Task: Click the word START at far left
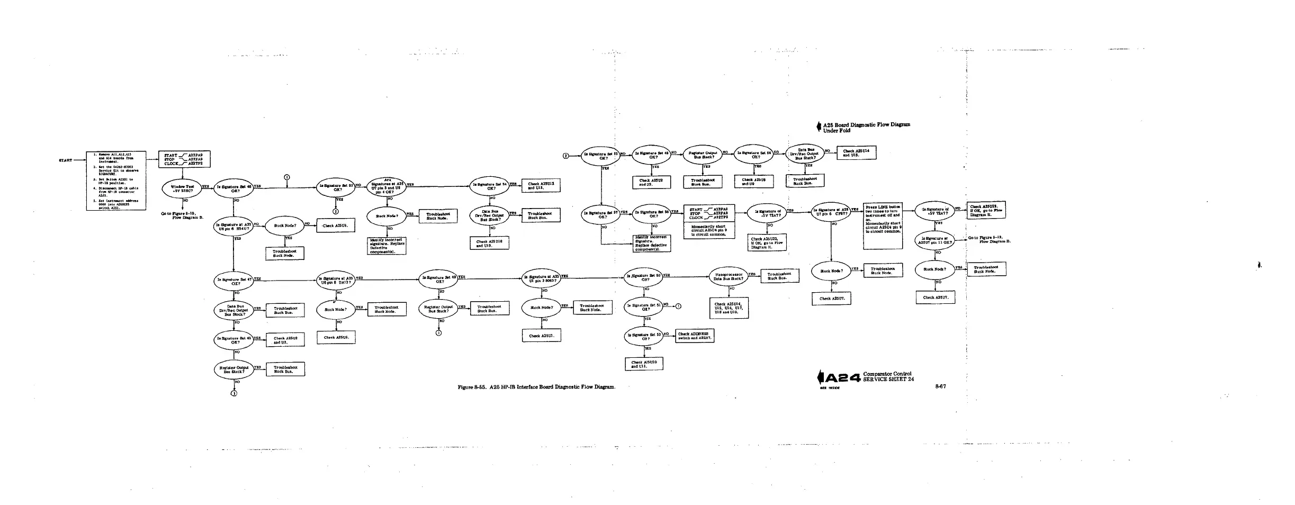pyautogui.click(x=65, y=160)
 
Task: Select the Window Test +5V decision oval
pyautogui.click(x=182, y=189)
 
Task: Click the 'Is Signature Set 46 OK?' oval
pyautogui.click(x=233, y=189)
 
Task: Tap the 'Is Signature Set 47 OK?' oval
pyautogui.click(x=233, y=281)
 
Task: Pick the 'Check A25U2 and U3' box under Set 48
pyautogui.click(x=651, y=182)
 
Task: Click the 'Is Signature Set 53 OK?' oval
pyautogui.click(x=336, y=187)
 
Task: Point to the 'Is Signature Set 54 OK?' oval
pyautogui.click(x=490, y=186)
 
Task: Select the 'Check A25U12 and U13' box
pyautogui.click(x=541, y=186)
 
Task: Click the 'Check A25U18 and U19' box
pyautogui.click(x=490, y=244)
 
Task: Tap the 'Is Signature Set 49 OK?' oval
pyautogui.click(x=439, y=279)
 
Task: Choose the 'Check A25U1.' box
pyautogui.click(x=542, y=336)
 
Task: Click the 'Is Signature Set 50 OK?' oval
pyautogui.click(x=644, y=277)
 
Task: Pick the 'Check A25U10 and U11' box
pyautogui.click(x=644, y=364)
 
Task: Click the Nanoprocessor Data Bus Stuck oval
pyautogui.click(x=729, y=277)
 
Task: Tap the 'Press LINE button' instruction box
pyautogui.click(x=883, y=226)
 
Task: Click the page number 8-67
pyautogui.click(x=940, y=386)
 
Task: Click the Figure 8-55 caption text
pyautogui.click(x=536, y=387)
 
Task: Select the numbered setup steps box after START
pyautogui.click(x=116, y=181)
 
